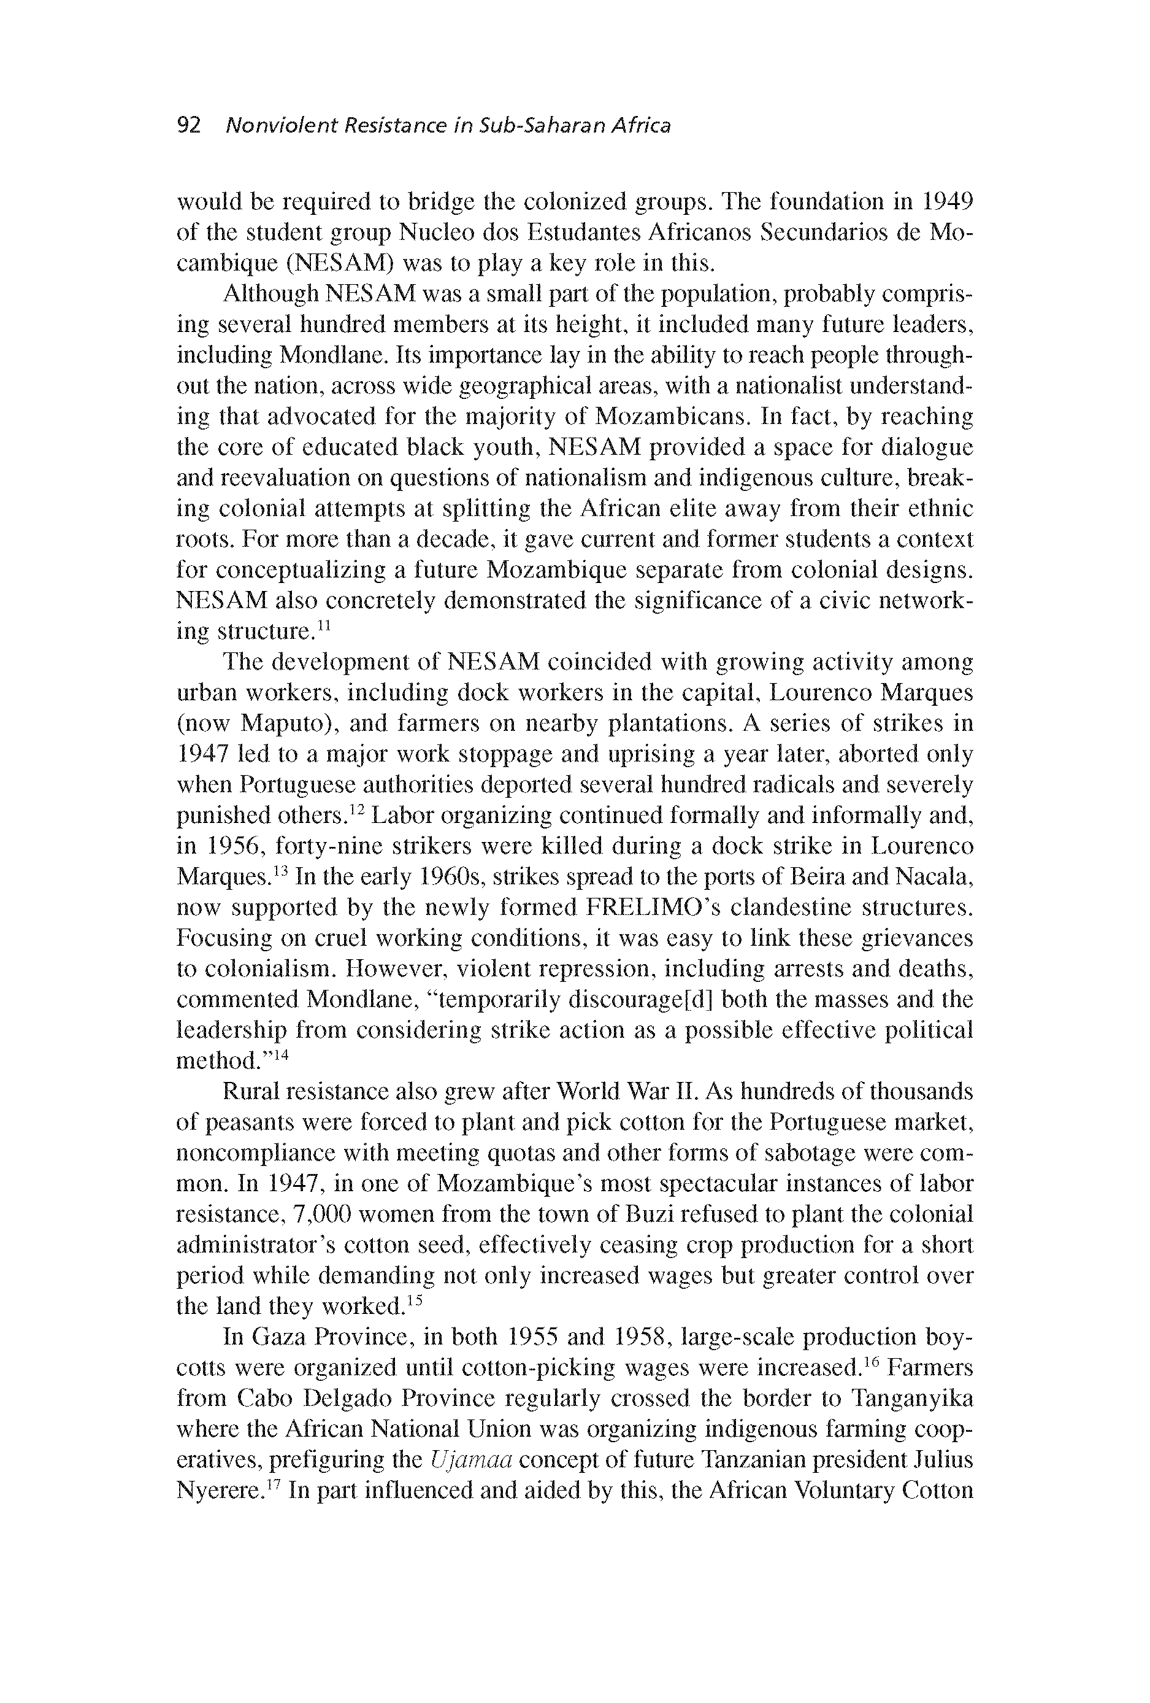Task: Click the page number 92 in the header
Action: click(x=188, y=126)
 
